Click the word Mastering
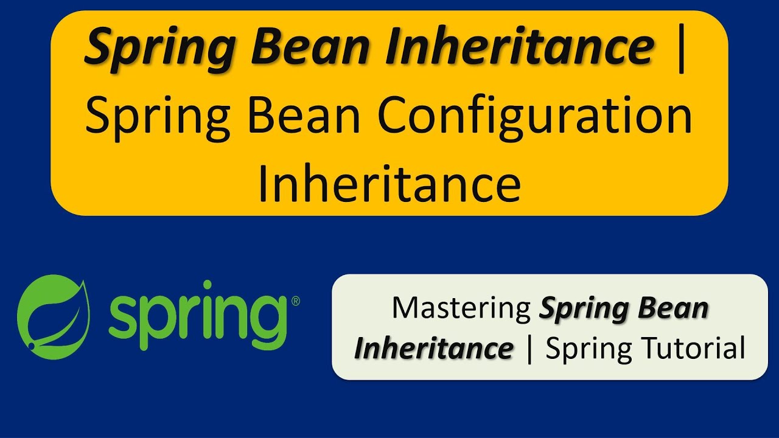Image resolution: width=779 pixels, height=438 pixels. (x=461, y=308)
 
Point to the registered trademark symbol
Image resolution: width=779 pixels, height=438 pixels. (x=295, y=301)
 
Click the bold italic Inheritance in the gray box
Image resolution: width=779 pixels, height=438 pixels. (x=434, y=349)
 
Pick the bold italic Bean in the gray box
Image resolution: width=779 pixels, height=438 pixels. (x=676, y=308)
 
